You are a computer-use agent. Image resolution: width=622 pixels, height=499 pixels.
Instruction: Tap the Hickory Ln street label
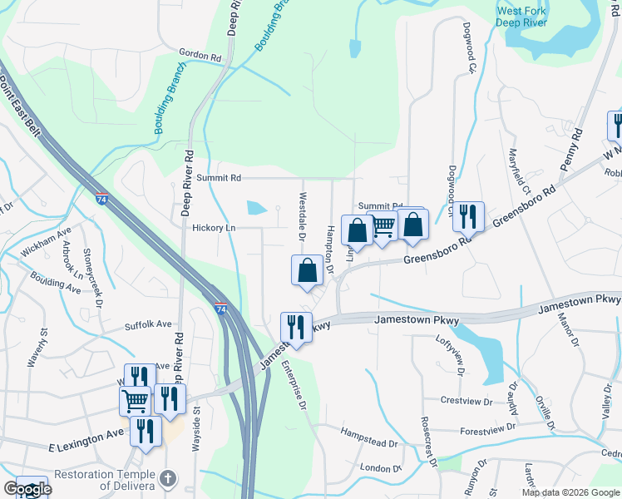215,227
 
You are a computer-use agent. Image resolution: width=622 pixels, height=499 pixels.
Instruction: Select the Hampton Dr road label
330,247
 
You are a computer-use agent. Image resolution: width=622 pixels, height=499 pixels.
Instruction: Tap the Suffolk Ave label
148,324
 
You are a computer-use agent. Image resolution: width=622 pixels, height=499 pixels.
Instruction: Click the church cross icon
169,479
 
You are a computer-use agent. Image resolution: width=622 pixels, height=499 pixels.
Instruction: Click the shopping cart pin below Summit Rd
383,225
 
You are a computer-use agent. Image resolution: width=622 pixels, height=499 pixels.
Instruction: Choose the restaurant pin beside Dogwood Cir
468,215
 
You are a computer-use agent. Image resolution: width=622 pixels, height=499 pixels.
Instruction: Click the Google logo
27,488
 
